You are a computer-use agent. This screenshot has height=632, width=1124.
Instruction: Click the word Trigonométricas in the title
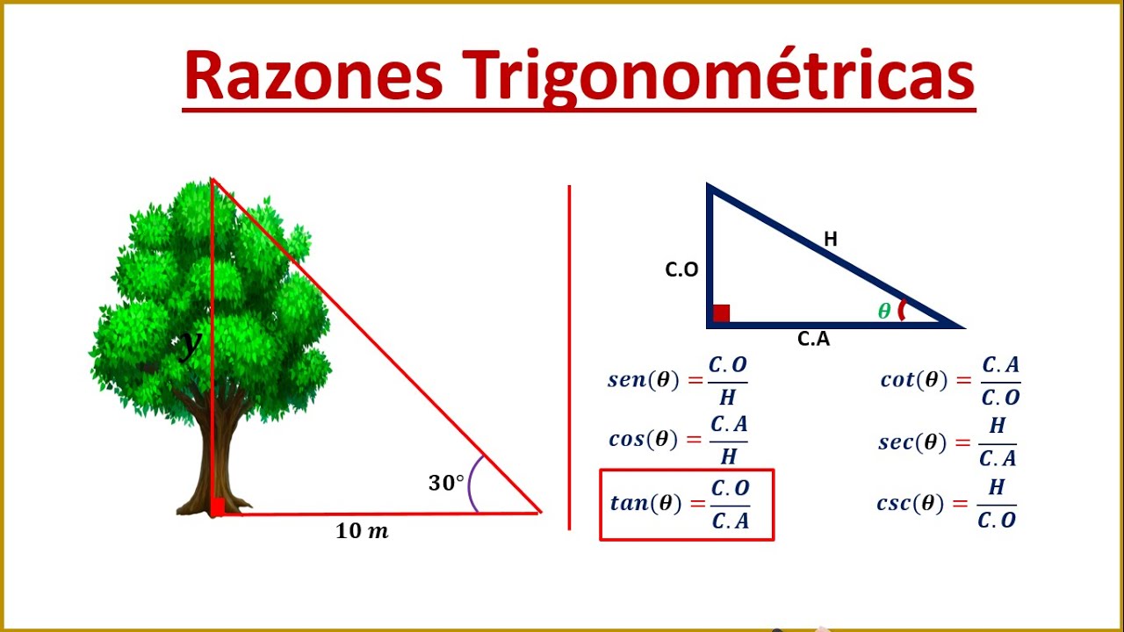(720, 77)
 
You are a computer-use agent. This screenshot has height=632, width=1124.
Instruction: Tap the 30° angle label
(446, 483)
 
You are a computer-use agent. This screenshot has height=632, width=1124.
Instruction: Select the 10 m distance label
(362, 531)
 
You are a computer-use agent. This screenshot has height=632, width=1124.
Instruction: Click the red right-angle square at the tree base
(217, 506)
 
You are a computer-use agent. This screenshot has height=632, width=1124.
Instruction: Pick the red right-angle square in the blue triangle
(721, 313)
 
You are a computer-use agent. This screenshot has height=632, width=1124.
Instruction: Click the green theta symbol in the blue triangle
(884, 311)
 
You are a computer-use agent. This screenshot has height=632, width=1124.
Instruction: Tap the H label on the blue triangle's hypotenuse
(830, 238)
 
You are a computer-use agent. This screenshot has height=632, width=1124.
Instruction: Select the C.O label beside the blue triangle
(681, 270)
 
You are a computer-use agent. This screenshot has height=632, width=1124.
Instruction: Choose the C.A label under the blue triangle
(813, 339)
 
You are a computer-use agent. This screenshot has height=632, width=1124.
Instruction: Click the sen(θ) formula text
(644, 380)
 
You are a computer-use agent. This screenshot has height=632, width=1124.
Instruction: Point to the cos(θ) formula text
(644, 439)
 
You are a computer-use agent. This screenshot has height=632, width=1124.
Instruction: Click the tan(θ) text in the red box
(645, 503)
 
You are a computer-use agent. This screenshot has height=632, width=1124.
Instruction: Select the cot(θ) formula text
(914, 380)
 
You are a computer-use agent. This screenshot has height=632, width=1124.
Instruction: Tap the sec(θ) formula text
(912, 442)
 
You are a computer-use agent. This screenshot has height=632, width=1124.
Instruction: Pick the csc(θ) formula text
(912, 504)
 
